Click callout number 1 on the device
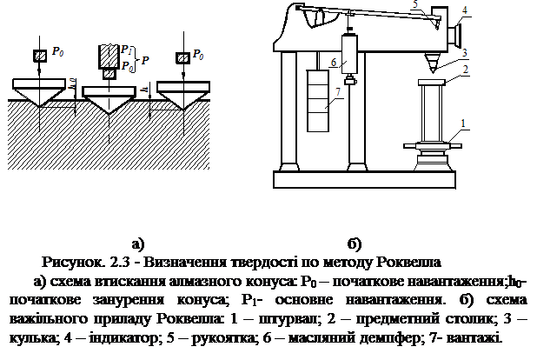pyautogui.click(x=463, y=123)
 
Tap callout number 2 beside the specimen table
pyautogui.click(x=465, y=70)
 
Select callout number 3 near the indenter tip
pyautogui.click(x=464, y=53)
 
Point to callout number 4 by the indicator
pyautogui.click(x=464, y=10)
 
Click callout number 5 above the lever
pyautogui.click(x=415, y=4)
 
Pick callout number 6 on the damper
pyautogui.click(x=334, y=62)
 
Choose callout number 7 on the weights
pyautogui.click(x=338, y=91)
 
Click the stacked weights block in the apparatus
pyautogui.click(x=318, y=101)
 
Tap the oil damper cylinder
pyautogui.click(x=349, y=54)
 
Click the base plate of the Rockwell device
pyautogui.click(x=364, y=179)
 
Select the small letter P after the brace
pyautogui.click(x=145, y=61)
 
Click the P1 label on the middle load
pyautogui.click(x=126, y=50)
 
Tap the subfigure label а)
pyautogui.click(x=138, y=243)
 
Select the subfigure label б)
pyautogui.click(x=355, y=243)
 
